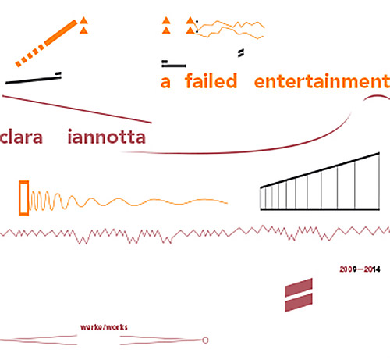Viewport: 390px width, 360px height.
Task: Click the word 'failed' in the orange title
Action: tap(211, 81)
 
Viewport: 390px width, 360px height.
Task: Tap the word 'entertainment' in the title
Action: tap(322, 81)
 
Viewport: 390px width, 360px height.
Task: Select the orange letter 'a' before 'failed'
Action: tap(165, 82)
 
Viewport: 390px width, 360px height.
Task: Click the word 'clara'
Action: tap(21, 137)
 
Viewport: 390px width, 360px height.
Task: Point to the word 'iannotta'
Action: tap(106, 137)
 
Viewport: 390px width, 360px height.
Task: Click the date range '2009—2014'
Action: tap(360, 269)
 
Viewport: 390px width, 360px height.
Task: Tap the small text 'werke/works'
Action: tap(104, 327)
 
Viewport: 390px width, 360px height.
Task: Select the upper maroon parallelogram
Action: tap(299, 287)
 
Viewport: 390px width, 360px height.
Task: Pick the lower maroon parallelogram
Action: tap(299, 302)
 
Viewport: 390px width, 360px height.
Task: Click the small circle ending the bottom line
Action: tap(205, 340)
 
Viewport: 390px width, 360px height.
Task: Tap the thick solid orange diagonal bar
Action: tap(61, 33)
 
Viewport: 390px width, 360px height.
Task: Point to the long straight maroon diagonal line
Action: tap(77, 109)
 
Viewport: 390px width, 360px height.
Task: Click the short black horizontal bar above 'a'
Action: tap(174, 66)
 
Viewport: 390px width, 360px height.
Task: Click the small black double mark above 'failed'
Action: tap(241, 53)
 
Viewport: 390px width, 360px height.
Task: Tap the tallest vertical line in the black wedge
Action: tap(379, 181)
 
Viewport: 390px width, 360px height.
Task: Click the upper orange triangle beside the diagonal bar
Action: tap(83, 20)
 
